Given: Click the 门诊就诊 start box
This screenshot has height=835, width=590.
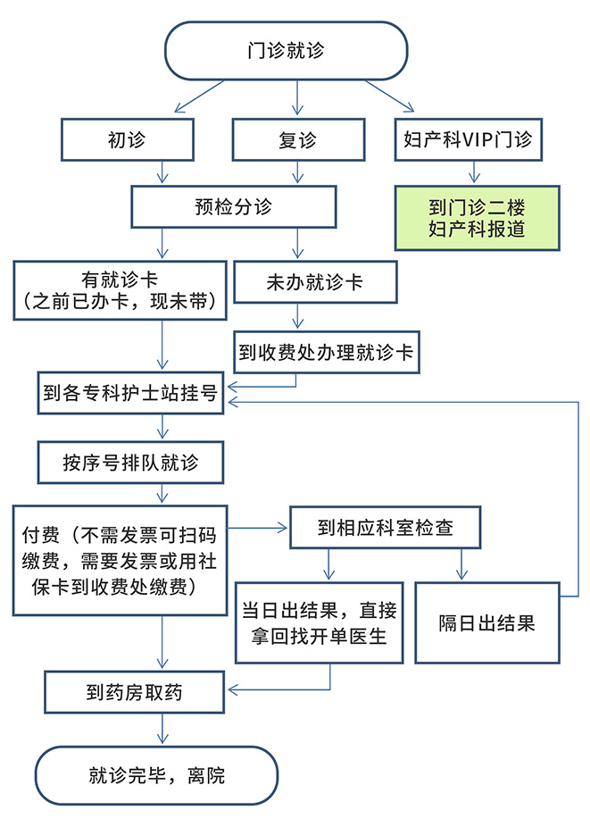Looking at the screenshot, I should click(286, 50).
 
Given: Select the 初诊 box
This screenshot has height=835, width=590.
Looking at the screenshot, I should click(127, 140).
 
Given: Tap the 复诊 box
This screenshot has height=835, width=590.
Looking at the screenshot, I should click(297, 140).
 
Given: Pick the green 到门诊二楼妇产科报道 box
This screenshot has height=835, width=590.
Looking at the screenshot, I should click(477, 218).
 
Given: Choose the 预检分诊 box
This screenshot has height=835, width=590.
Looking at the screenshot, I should click(233, 207).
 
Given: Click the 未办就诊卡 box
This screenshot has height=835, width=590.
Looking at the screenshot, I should click(314, 282).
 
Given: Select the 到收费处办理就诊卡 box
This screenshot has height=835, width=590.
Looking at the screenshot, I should click(326, 352).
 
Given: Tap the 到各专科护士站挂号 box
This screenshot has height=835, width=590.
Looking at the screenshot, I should click(132, 393).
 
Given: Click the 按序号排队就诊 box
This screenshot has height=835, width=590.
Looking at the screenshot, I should click(130, 463).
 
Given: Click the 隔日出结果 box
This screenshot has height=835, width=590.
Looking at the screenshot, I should click(487, 622).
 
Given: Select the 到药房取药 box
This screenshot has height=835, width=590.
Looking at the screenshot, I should click(135, 692).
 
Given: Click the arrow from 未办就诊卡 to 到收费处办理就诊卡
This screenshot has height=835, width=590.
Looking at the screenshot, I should click(297, 317).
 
